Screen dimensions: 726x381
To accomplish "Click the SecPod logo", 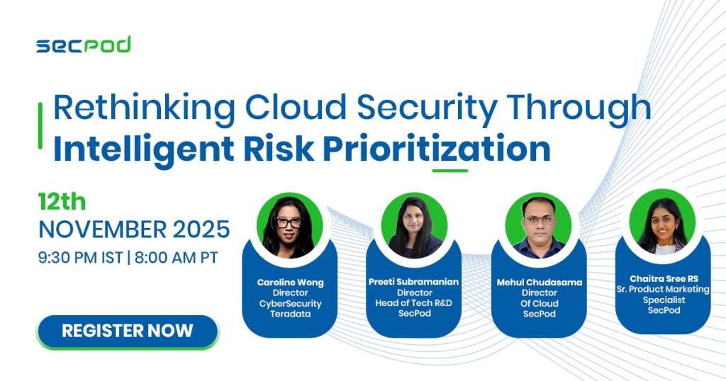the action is (x=84, y=45).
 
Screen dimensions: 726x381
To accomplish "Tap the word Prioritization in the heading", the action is (x=437, y=149).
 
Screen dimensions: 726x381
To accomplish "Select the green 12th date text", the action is (x=62, y=202).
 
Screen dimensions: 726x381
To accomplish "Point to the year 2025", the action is (x=201, y=229).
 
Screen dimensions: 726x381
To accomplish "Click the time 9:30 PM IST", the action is (x=81, y=258).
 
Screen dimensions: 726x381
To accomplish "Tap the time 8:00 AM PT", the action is (x=177, y=258).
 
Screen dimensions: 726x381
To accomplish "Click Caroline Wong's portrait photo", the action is (x=290, y=226).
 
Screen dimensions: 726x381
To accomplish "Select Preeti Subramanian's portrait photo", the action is (x=414, y=226).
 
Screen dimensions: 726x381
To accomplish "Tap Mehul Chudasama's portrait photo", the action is (x=539, y=226).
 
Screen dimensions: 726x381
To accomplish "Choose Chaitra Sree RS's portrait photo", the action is (x=663, y=222).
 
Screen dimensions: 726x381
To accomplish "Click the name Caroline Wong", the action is (x=290, y=282).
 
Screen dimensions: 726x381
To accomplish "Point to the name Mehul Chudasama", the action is (x=540, y=282).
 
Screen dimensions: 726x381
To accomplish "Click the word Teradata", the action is (x=290, y=314).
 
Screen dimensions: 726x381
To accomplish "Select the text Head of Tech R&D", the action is (x=413, y=303).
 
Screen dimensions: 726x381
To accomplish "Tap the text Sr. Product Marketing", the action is (x=663, y=290).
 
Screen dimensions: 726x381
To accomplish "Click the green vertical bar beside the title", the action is (x=40, y=126).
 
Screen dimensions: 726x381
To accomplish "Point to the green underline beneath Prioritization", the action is (x=450, y=171).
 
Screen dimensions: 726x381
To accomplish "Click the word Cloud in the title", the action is (x=296, y=107).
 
